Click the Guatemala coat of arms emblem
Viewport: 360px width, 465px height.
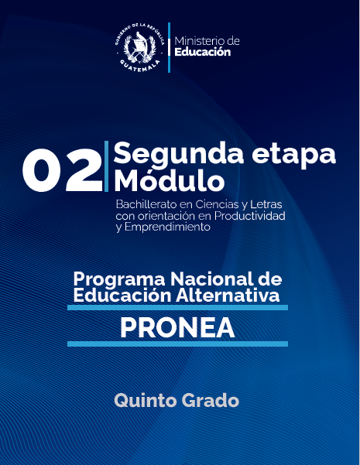(x=141, y=46)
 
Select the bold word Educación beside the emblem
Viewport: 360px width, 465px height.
(x=203, y=53)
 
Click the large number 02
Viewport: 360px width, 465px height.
(x=60, y=168)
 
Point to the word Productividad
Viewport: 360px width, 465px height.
(x=251, y=215)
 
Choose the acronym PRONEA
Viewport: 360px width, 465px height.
(x=177, y=327)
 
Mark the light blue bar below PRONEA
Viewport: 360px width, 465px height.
(x=177, y=344)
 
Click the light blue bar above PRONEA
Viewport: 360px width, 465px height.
(x=177, y=307)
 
